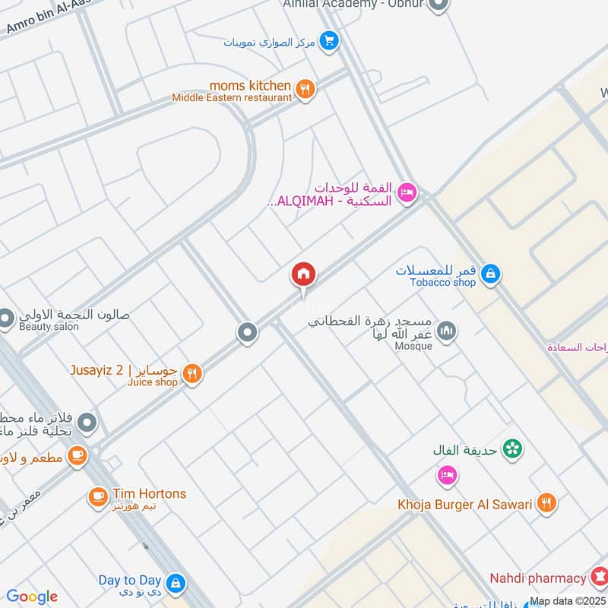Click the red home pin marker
[x=303, y=274]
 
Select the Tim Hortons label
[x=149, y=493]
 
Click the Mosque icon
[x=448, y=331]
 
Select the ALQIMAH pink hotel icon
[x=406, y=193]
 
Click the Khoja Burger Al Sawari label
[x=464, y=504]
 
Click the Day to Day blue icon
[x=176, y=584]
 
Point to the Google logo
[x=32, y=597]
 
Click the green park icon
[x=513, y=448]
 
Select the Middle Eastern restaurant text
[x=231, y=97]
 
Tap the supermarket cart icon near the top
[x=328, y=41]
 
